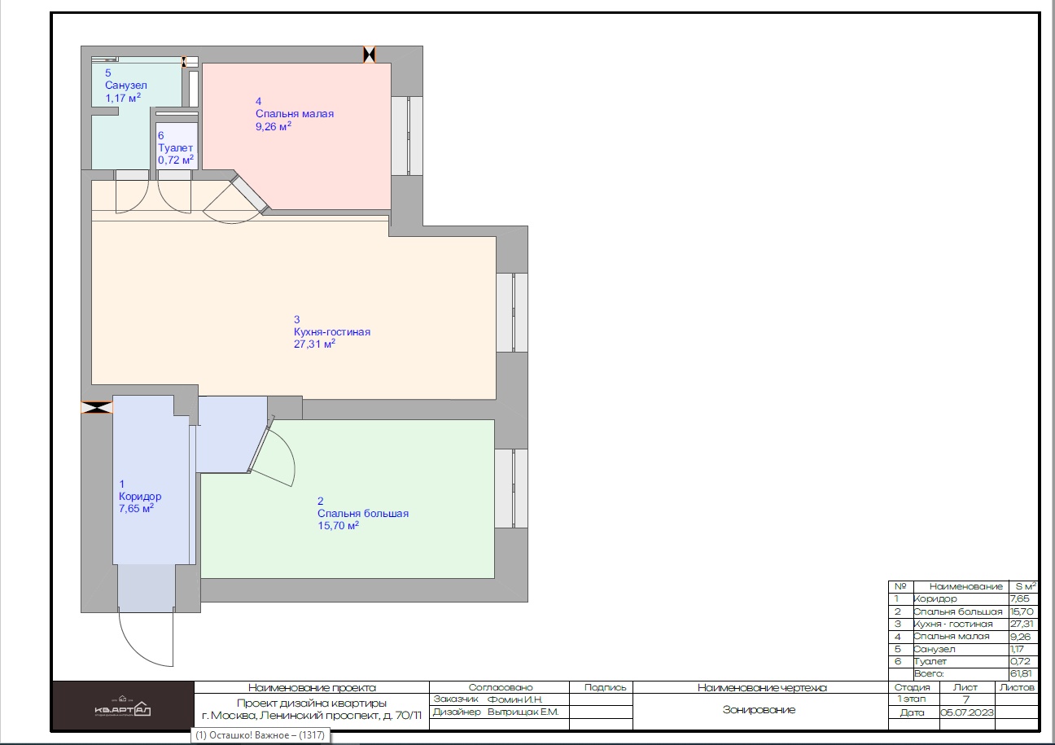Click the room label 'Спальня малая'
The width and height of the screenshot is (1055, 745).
295,113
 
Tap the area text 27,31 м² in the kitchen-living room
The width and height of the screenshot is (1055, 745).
314,344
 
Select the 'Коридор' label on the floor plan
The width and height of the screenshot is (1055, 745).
140,496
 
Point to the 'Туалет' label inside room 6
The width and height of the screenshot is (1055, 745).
175,147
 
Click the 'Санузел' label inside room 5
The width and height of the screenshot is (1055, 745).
125,85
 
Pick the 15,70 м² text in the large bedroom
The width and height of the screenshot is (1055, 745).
338,525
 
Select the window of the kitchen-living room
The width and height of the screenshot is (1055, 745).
512,313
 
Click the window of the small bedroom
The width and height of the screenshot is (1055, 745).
407,136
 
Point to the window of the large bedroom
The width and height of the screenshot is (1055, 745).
511,489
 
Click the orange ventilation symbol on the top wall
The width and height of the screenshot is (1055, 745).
370,55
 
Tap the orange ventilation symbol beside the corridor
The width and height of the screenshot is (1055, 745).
97,408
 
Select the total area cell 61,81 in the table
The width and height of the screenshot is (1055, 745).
1021,674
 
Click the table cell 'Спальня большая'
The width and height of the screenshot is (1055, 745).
957,611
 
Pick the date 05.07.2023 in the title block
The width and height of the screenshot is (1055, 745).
967,712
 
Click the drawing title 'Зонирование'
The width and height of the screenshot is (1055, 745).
759,710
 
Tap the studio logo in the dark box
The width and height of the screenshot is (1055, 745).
122,707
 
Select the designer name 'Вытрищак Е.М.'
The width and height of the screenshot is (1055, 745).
523,712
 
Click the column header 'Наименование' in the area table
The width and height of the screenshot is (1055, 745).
966,587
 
